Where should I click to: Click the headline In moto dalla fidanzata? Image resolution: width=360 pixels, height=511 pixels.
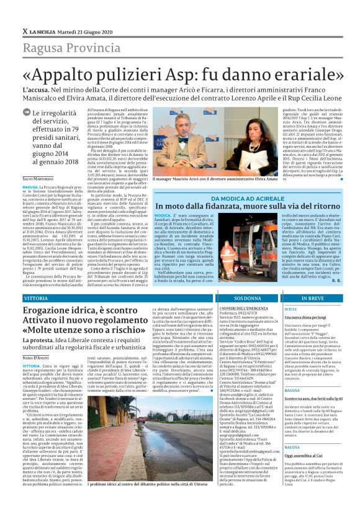pos(248,206)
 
